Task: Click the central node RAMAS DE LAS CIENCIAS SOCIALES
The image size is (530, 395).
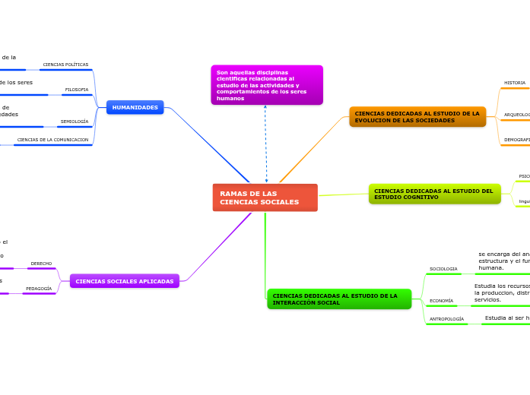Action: click(265, 197)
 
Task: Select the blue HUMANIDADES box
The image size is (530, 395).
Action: click(135, 108)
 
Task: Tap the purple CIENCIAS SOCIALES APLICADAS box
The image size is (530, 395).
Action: click(125, 281)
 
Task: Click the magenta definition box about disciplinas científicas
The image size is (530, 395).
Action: click(266, 84)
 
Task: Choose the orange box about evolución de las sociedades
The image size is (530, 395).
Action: click(417, 116)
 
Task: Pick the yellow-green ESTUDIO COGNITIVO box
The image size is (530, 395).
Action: click(434, 194)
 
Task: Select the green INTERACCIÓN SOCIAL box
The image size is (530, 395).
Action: click(338, 299)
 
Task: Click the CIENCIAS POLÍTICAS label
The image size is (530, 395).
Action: click(65, 65)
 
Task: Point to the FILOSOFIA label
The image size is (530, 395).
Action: click(77, 90)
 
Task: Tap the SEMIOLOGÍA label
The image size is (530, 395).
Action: click(75, 122)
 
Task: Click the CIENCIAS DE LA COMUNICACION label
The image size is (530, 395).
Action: click(52, 140)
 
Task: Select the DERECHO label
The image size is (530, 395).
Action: click(41, 264)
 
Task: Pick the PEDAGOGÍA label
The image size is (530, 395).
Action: click(39, 289)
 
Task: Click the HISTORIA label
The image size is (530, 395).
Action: click(515, 83)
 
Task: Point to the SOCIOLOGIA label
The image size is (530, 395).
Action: click(443, 269)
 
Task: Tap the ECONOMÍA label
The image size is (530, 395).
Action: click(441, 301)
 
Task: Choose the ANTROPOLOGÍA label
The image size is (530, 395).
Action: click(446, 319)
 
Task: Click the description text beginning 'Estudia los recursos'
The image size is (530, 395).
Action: click(501, 292)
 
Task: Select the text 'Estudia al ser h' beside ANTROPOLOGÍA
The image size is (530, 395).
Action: click(506, 318)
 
